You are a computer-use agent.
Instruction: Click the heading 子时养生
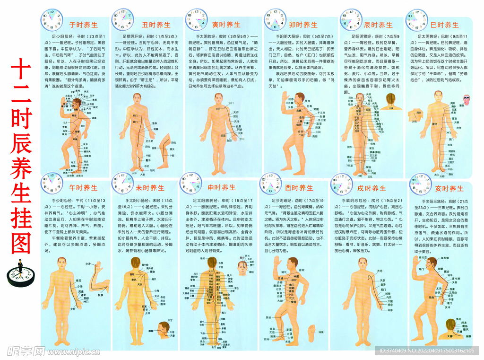click(x=83, y=25)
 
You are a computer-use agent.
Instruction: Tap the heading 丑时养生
click(x=156, y=25)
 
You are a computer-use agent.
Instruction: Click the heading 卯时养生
click(x=303, y=25)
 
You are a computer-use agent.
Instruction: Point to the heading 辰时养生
click(x=378, y=25)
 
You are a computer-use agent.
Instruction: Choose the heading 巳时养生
click(x=444, y=25)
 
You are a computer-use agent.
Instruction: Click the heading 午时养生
click(x=83, y=188)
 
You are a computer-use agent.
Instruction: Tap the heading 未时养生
click(x=150, y=188)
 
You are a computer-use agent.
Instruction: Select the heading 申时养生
click(x=221, y=187)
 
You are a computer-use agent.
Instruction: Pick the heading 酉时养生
click(x=299, y=188)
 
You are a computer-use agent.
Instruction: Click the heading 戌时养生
click(x=372, y=188)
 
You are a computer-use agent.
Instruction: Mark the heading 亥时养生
click(x=449, y=188)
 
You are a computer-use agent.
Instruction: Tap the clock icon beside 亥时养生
click(x=420, y=184)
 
